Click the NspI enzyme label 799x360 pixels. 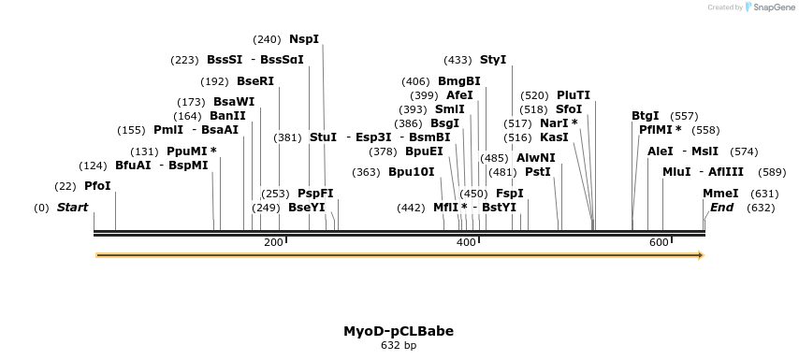(304, 39)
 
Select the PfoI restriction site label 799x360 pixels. (97, 186)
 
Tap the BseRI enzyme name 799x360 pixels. (255, 81)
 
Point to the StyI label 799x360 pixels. (493, 60)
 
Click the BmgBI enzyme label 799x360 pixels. (459, 81)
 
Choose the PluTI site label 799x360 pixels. (574, 95)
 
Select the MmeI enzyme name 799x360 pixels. (720, 194)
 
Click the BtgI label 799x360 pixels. (646, 116)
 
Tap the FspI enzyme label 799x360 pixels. (510, 194)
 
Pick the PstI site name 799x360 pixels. (538, 172)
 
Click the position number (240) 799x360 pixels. (267, 39)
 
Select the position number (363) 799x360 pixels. (366, 172)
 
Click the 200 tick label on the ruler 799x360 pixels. (273, 243)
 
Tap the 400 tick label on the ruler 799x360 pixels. (466, 243)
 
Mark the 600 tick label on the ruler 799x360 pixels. (659, 243)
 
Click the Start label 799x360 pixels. (72, 208)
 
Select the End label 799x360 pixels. (721, 208)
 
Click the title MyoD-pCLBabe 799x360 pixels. (399, 331)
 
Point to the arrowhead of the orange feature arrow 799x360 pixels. (700, 254)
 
